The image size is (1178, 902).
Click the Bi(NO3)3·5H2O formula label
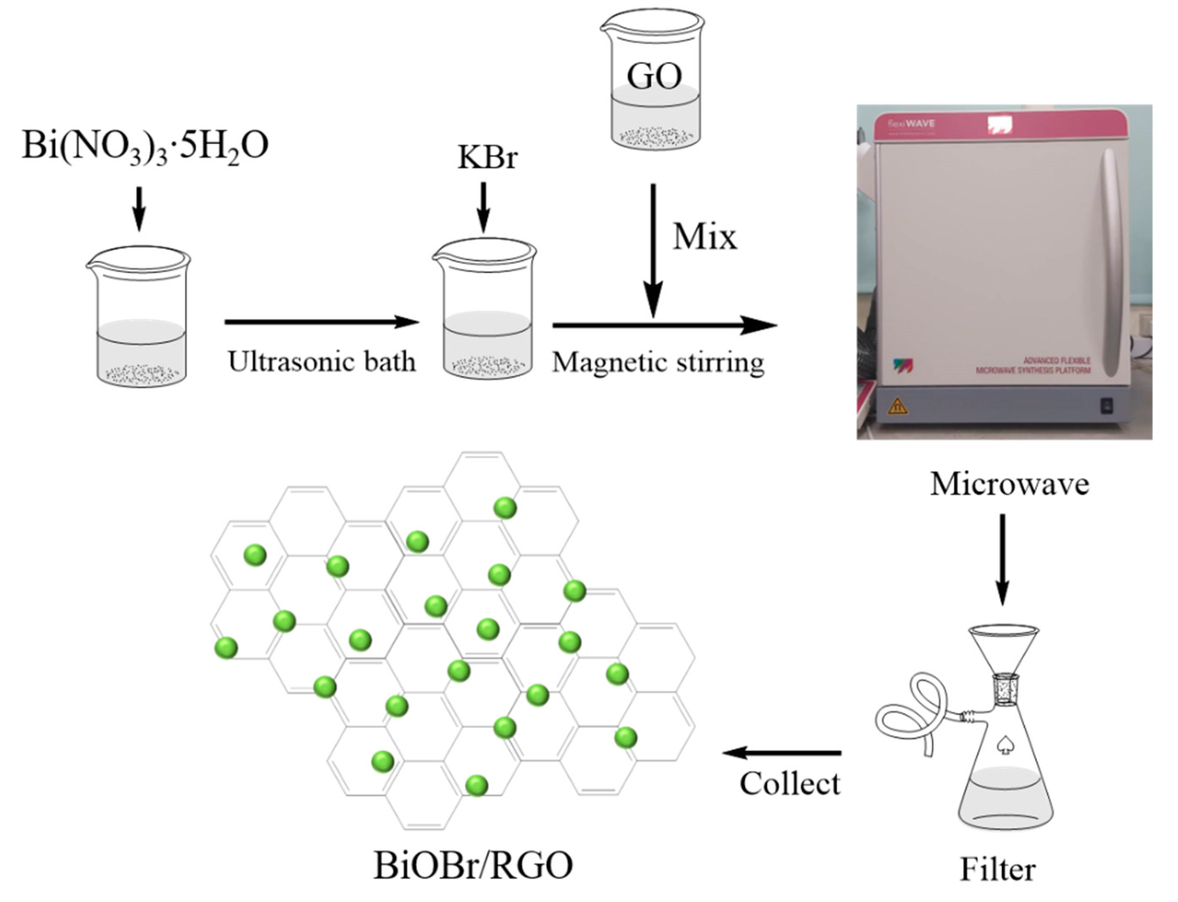[x=145, y=146]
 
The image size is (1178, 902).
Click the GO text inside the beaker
[x=654, y=77]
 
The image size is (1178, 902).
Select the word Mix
[x=705, y=237]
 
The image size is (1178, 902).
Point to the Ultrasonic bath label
[x=322, y=362]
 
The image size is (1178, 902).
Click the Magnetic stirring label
[x=658, y=363]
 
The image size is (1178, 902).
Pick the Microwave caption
[x=1009, y=484]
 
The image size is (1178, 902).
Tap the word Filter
[x=997, y=870]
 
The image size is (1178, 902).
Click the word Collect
[x=790, y=784]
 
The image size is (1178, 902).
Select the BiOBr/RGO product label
[x=473, y=866]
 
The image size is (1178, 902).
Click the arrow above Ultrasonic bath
[x=321, y=322]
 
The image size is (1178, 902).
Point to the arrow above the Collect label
[x=782, y=753]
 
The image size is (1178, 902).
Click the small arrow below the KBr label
[x=483, y=207]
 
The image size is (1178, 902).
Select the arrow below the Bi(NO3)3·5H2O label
[x=139, y=209]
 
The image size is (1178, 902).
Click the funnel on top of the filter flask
[x=1003, y=650]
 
